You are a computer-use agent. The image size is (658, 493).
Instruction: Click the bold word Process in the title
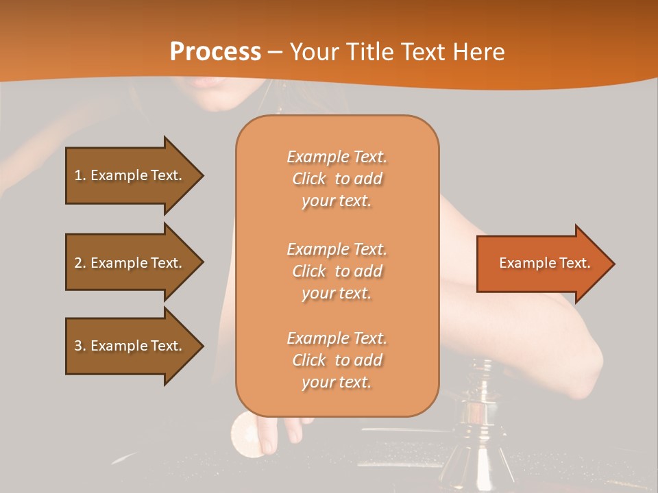click(215, 52)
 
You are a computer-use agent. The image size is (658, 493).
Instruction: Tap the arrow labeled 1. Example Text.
click(130, 175)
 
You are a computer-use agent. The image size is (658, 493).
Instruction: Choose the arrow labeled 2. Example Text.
click(130, 263)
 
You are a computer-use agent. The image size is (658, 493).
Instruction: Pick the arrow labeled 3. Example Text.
click(130, 346)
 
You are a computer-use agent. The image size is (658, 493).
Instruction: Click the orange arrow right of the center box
click(541, 263)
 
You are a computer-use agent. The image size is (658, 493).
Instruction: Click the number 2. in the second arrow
click(80, 263)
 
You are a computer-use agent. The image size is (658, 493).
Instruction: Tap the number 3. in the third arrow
click(80, 346)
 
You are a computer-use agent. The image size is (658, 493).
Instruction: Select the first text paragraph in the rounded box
click(337, 179)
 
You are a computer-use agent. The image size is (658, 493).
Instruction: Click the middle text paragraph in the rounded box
click(337, 271)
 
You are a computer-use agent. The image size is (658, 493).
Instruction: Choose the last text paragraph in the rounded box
click(337, 360)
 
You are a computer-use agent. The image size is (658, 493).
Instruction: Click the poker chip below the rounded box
click(243, 431)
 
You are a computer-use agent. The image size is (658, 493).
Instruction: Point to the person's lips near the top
click(206, 82)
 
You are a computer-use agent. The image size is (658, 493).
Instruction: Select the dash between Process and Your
click(275, 53)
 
